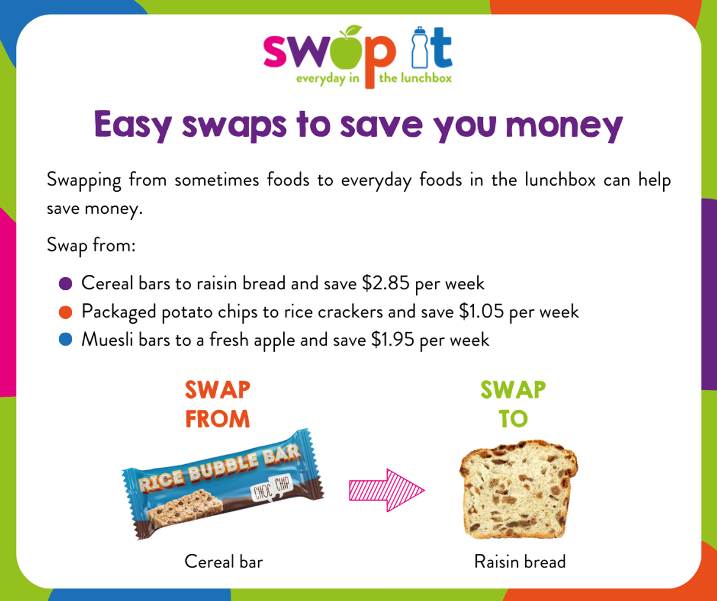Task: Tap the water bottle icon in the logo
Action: [419, 47]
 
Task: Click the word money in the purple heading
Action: [564, 125]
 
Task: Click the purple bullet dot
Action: [65, 284]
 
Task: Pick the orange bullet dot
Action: [65, 312]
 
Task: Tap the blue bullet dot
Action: [65, 340]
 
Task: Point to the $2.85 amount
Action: [385, 284]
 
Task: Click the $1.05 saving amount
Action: [482, 312]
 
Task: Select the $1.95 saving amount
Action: [393, 340]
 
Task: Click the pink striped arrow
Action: [387, 490]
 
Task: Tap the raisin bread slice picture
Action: [519, 489]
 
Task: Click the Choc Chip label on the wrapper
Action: [272, 488]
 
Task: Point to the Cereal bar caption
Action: [223, 562]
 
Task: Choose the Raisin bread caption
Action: [520, 562]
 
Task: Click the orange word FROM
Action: [217, 419]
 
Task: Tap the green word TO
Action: [513, 419]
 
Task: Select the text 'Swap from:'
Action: [91, 246]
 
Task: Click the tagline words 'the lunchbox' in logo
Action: [415, 78]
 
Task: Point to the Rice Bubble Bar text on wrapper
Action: [220, 467]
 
